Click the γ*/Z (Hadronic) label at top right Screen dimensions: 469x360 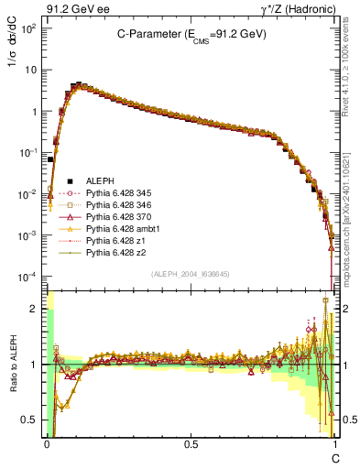(294, 8)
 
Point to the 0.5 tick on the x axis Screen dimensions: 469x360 (191, 443)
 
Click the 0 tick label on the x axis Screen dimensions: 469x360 (47, 443)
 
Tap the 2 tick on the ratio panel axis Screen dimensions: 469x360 (35, 309)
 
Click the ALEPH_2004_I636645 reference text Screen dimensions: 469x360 (191, 274)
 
